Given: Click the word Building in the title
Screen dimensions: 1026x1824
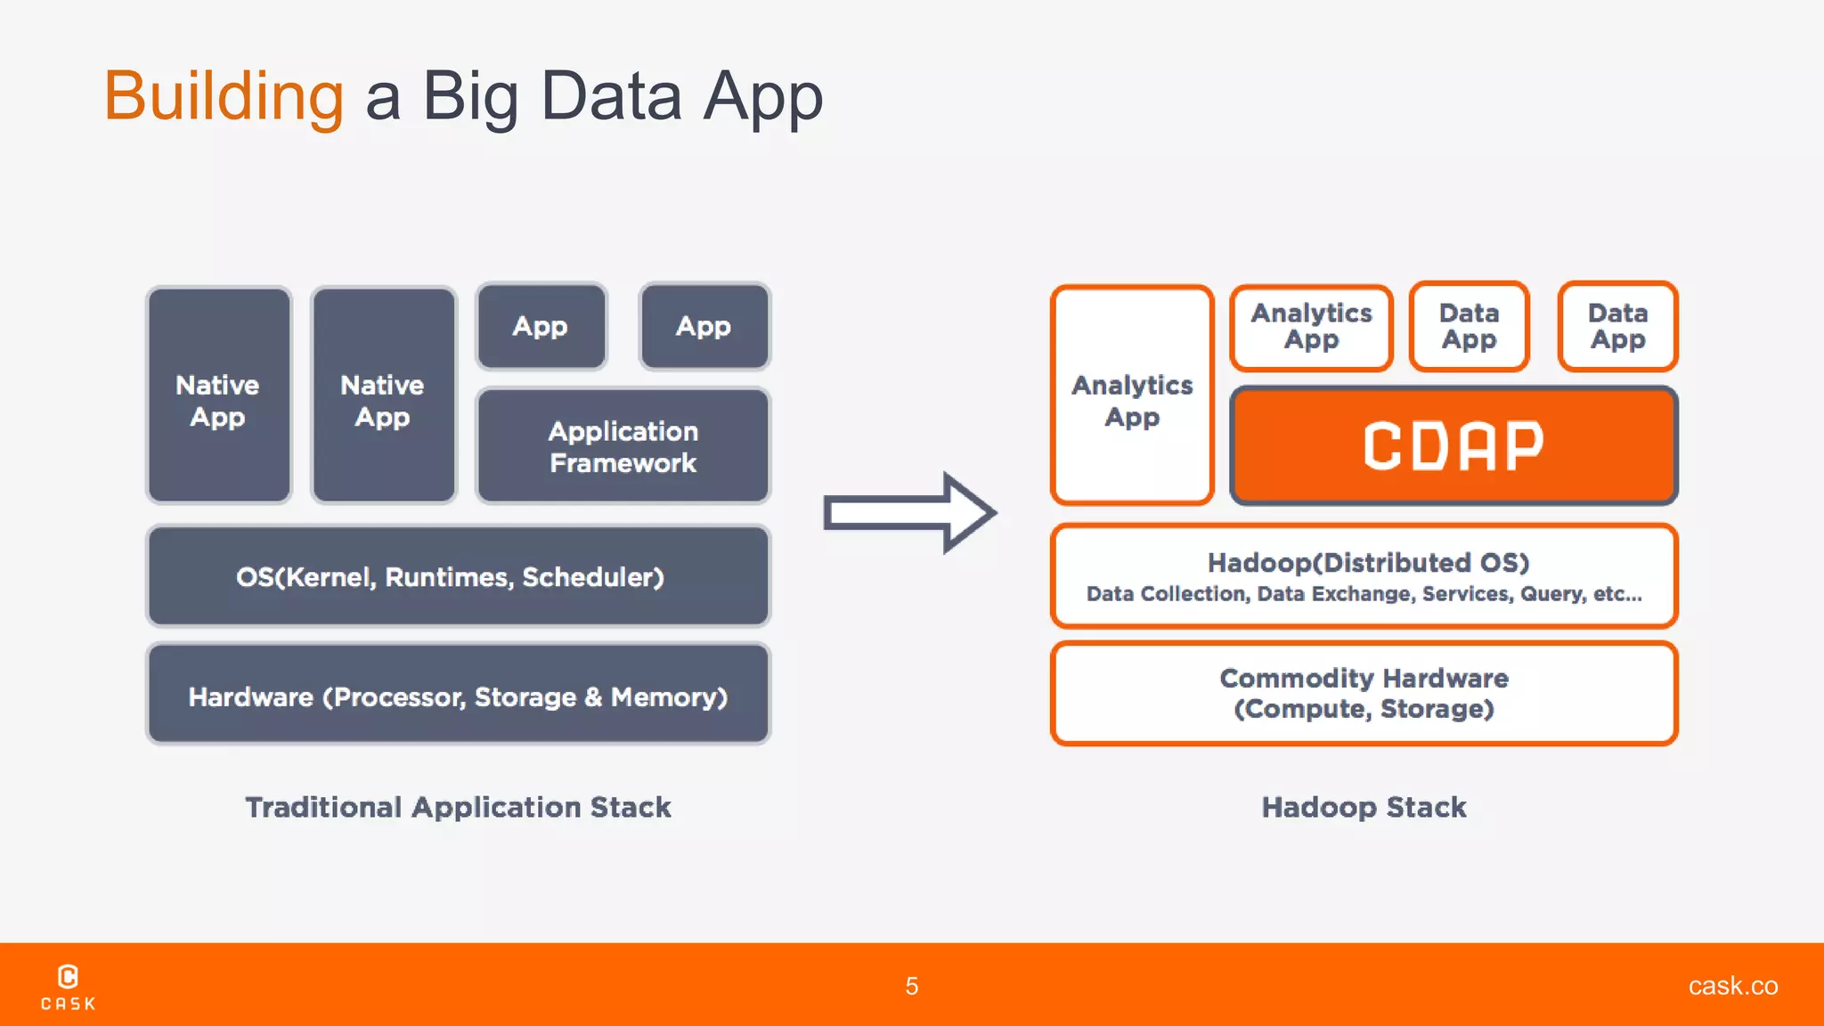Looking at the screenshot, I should pyautogui.click(x=224, y=95).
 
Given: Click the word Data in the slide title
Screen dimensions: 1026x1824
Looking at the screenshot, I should pyautogui.click(x=611, y=95).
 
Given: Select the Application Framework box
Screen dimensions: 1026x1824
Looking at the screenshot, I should pyautogui.click(x=623, y=446).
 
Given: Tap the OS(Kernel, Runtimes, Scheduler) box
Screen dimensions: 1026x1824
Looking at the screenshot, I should pyautogui.click(x=458, y=576).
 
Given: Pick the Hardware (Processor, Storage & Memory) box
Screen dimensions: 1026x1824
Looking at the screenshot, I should pyautogui.click(x=458, y=695).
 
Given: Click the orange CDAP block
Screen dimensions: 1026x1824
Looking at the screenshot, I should pyautogui.click(x=1453, y=445).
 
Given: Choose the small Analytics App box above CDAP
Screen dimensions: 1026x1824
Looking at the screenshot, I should pyautogui.click(x=1311, y=326).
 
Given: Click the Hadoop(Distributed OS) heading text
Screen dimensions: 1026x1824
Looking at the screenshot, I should pyautogui.click(x=1368, y=562).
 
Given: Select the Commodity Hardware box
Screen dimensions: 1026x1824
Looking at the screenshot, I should pyautogui.click(x=1364, y=693).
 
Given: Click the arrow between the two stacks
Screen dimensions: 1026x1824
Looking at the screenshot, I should pyautogui.click(x=908, y=513).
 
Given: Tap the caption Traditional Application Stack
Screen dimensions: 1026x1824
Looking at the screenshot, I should pyautogui.click(x=458, y=807).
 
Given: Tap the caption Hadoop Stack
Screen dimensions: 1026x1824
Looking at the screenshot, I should pyautogui.click(x=1364, y=807).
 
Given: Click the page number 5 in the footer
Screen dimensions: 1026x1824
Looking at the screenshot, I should pyautogui.click(x=911, y=986).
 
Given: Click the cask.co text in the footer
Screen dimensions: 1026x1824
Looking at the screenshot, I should pyautogui.click(x=1732, y=986).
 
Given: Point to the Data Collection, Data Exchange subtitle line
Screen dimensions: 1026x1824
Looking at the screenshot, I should pyautogui.click(x=1364, y=594).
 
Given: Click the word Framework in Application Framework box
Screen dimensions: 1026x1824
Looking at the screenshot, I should pyautogui.click(x=623, y=463).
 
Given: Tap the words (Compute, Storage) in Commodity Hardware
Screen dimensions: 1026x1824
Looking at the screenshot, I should pyautogui.click(x=1364, y=709).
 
